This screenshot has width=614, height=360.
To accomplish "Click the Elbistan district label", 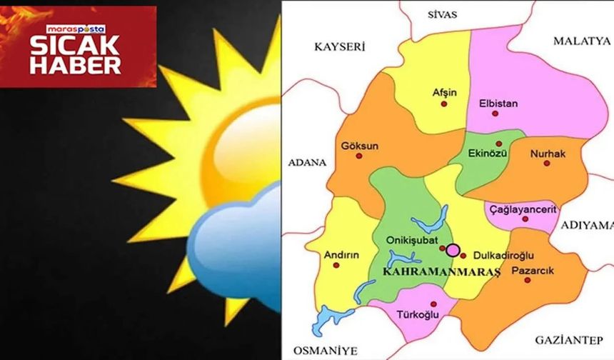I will pyautogui.click(x=498, y=104).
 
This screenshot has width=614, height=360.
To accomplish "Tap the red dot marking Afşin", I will pyautogui.click(x=443, y=104).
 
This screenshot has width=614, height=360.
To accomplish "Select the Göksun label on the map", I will pyautogui.click(x=360, y=146).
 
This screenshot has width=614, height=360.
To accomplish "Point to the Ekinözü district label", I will pyautogui.click(x=488, y=153).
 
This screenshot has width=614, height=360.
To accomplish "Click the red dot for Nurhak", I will pyautogui.click(x=547, y=163).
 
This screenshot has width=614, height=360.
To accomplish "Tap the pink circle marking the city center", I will pyautogui.click(x=453, y=250).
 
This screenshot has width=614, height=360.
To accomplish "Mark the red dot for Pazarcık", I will pyautogui.click(x=528, y=280).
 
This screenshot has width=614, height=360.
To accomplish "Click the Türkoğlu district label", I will pyautogui.click(x=416, y=314).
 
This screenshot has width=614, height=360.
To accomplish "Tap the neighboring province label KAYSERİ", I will pyautogui.click(x=340, y=47).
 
